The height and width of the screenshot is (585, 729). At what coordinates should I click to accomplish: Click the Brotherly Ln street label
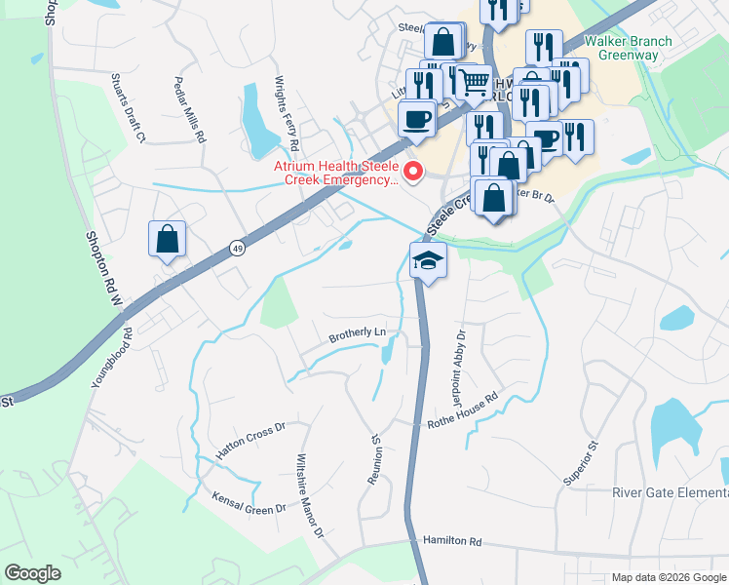(357, 334)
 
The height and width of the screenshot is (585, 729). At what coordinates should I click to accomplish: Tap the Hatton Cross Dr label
(249, 442)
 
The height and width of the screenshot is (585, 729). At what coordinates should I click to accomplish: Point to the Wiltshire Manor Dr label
(309, 495)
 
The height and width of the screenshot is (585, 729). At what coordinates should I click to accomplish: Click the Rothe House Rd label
(463, 410)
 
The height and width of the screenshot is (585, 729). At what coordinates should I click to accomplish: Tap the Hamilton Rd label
(452, 540)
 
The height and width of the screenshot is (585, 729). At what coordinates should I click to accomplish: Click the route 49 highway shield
(238, 250)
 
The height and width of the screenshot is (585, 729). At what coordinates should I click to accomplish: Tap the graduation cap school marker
(427, 260)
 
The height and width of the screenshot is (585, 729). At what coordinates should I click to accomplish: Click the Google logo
(32, 572)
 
